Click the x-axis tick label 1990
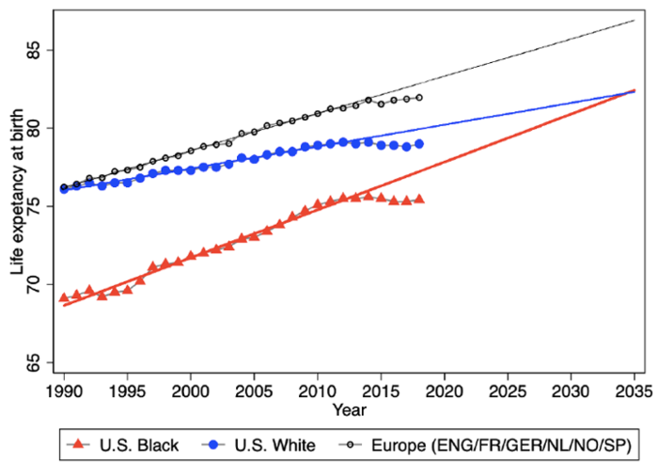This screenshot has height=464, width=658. tap(64, 390)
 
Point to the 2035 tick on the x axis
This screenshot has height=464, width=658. tap(634, 390)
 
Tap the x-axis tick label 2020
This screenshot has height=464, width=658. tap(445, 390)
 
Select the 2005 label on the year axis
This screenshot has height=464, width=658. tap(254, 390)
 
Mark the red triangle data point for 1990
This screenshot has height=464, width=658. tap(64, 297)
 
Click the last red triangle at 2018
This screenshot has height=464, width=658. tap(419, 200)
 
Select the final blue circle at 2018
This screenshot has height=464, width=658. tap(419, 144)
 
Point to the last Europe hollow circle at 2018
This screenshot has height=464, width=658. tap(419, 97)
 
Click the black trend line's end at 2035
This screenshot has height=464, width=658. tap(634, 20)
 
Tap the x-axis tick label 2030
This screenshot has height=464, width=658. tap(572, 390)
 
